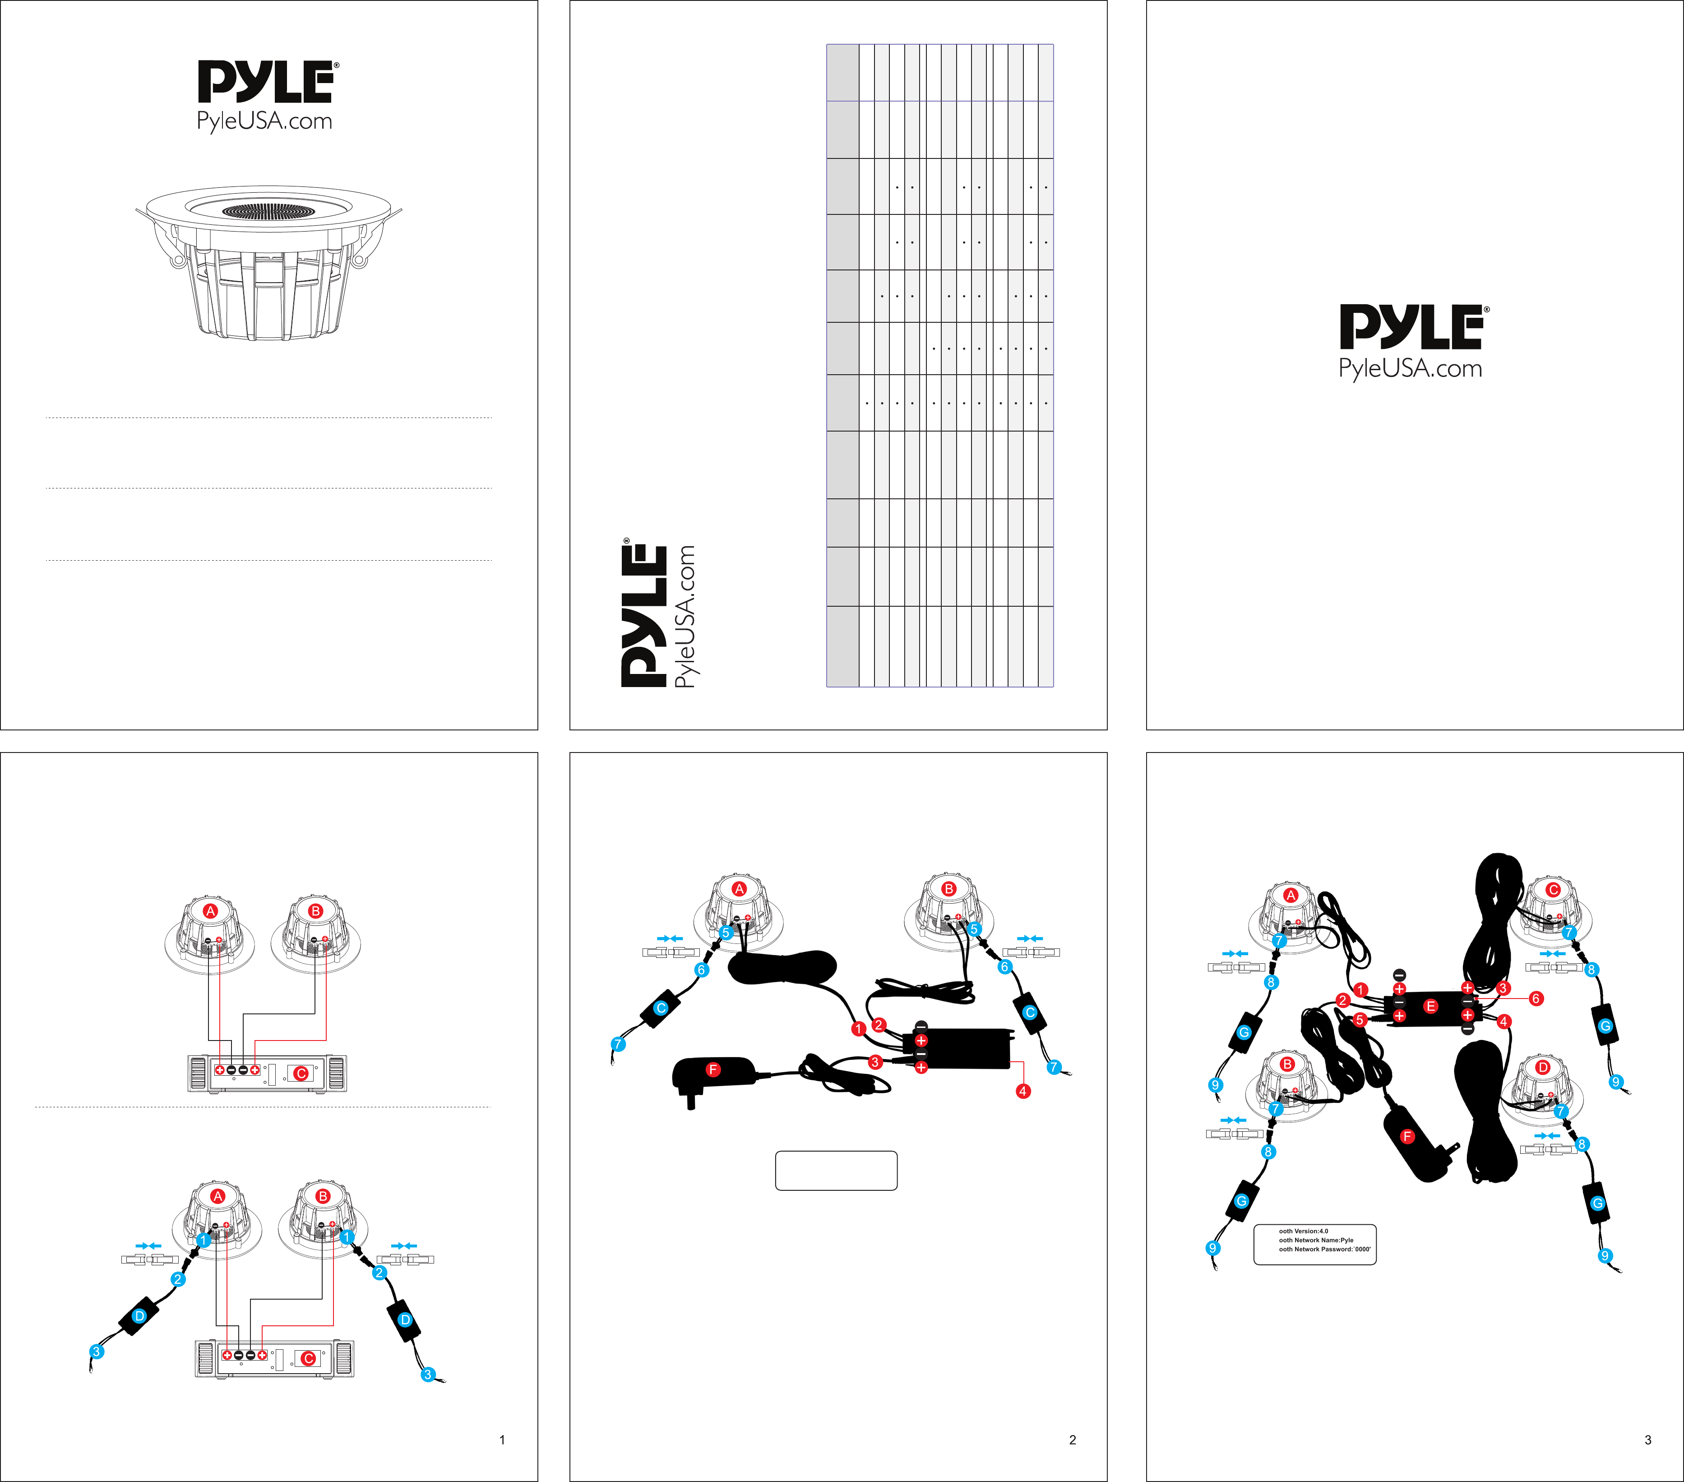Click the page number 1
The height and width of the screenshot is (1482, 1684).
click(502, 1440)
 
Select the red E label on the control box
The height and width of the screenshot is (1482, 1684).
click(1430, 1006)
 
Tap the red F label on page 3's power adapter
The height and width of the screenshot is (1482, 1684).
click(1407, 1137)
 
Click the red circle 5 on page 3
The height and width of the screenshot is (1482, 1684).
click(1360, 1020)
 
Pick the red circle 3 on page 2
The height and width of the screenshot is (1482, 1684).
click(875, 1063)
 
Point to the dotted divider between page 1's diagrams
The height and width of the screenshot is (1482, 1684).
click(263, 1107)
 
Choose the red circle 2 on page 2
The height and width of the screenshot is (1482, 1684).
click(879, 1025)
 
